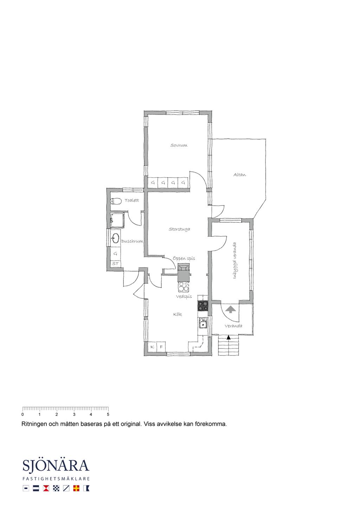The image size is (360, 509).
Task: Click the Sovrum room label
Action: (179, 145)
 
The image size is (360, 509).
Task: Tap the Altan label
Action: (239, 175)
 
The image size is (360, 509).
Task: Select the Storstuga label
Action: (179, 229)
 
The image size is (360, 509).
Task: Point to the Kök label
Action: (178, 314)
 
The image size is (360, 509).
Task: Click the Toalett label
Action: (132, 201)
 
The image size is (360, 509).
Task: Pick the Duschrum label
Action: (132, 241)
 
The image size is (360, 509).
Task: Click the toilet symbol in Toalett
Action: (116, 201)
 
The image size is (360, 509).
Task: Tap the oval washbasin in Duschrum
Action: (116, 238)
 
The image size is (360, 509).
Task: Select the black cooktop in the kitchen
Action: (202, 305)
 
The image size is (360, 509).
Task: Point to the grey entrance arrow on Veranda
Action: (230, 309)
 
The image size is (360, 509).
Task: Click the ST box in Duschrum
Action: (116, 263)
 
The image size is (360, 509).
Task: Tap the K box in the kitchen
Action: (152, 347)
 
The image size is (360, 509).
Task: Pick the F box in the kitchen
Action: (161, 347)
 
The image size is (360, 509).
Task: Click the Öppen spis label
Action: (184, 258)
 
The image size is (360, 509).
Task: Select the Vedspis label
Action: (184, 296)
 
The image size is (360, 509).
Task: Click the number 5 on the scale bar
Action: (108, 414)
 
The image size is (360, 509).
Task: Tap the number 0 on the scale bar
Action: (22, 414)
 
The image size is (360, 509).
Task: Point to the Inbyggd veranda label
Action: (234, 260)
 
